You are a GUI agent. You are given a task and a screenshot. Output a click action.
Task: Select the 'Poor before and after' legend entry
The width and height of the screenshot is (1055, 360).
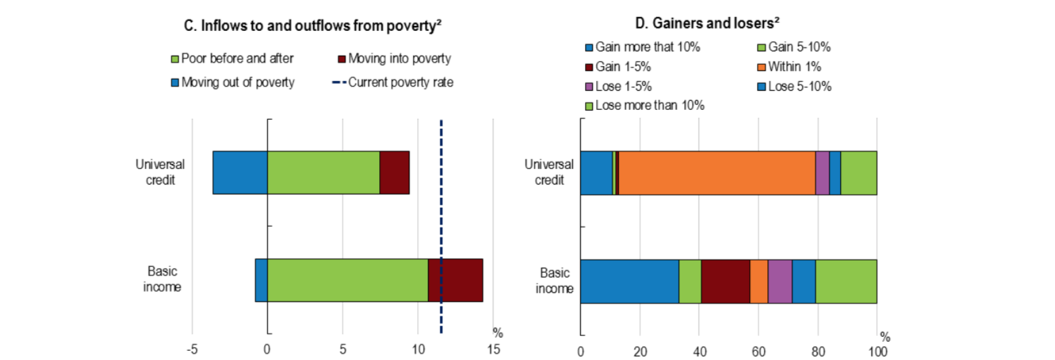(237, 58)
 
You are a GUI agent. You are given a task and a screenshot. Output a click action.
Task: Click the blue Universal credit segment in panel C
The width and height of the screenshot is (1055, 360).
(240, 173)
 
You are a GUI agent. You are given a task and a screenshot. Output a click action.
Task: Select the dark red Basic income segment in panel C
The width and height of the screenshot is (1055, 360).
(455, 280)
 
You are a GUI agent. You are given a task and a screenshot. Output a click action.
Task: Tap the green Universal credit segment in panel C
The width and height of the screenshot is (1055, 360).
(323, 173)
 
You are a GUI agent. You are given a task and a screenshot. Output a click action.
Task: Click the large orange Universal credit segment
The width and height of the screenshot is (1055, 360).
(717, 173)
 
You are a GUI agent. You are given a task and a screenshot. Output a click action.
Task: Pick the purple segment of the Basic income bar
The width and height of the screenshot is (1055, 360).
(779, 281)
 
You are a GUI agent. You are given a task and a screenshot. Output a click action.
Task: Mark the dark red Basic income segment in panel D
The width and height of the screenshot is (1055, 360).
(725, 281)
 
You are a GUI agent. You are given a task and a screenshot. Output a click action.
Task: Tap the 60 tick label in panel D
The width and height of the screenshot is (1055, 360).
(758, 351)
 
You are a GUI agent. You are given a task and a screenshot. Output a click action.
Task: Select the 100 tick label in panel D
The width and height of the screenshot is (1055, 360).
(877, 351)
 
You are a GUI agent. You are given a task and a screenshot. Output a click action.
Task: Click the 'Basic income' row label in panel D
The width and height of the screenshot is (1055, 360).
(555, 280)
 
